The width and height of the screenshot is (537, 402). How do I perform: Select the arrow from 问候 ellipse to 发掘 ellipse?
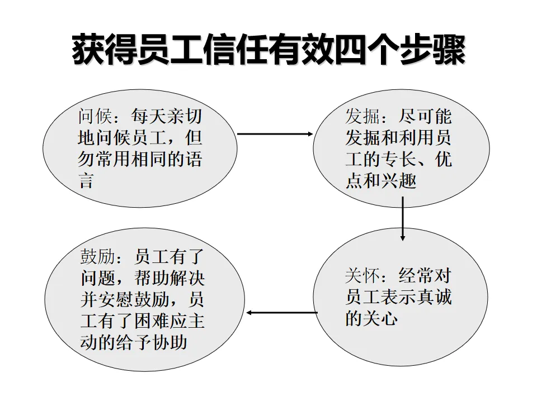[275, 134]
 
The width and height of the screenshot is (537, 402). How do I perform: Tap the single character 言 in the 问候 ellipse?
[85, 181]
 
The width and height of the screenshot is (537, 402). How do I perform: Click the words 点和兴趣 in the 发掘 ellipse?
[380, 181]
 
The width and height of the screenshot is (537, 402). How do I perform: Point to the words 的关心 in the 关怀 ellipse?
[371, 318]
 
